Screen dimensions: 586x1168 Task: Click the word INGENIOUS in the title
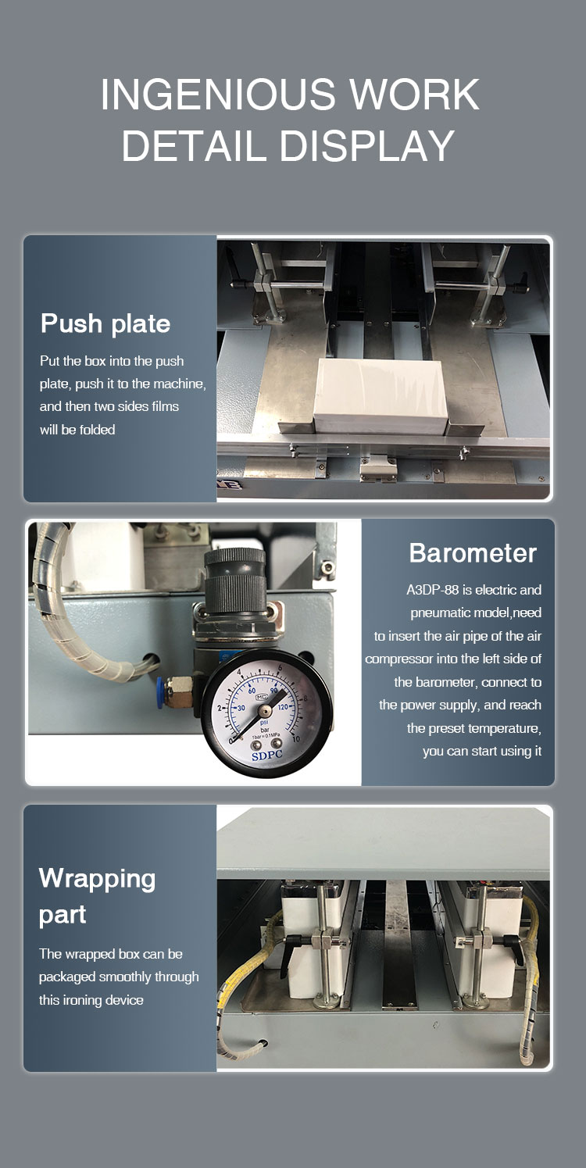pyautogui.click(x=218, y=95)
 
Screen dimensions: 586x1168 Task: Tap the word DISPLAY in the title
pyautogui.click(x=367, y=145)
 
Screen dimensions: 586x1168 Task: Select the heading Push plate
pyautogui.click(x=105, y=323)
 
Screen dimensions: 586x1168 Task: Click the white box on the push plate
pyautogui.click(x=381, y=395)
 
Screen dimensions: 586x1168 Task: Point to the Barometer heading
pyautogui.click(x=473, y=553)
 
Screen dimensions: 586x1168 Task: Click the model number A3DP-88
pyautogui.click(x=432, y=590)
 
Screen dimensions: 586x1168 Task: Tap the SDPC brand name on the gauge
pyautogui.click(x=267, y=755)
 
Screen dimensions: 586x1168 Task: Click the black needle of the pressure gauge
pyautogui.click(x=259, y=715)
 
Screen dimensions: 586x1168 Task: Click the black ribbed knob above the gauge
pyautogui.click(x=234, y=580)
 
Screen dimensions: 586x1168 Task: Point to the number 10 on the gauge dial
pyautogui.click(x=295, y=739)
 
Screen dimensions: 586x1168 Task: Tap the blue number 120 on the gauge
pyautogui.click(x=283, y=708)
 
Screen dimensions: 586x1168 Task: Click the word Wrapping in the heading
pyautogui.click(x=97, y=880)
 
